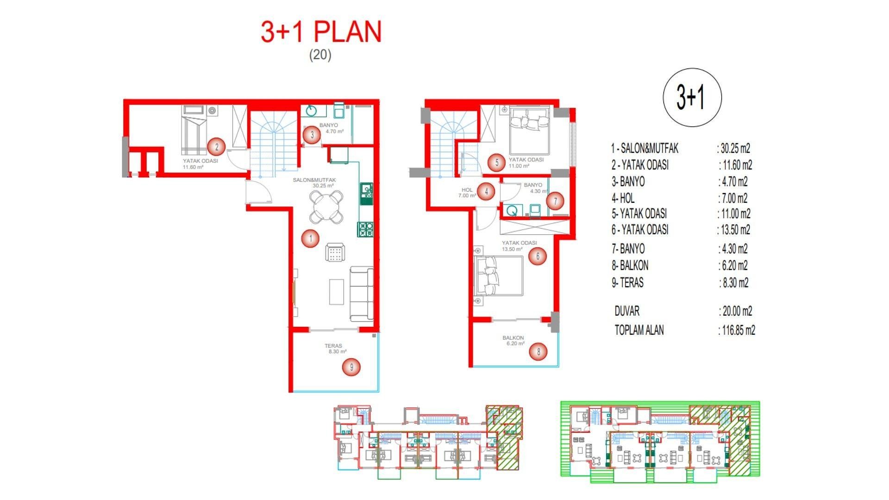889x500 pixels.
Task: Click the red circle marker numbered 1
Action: pyautogui.click(x=310, y=238)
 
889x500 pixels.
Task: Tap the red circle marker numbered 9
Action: pyautogui.click(x=351, y=367)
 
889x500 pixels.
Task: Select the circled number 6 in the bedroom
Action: pyautogui.click(x=538, y=256)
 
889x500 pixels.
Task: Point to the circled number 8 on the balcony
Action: pyautogui.click(x=538, y=351)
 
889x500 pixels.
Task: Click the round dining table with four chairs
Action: pyautogui.click(x=326, y=206)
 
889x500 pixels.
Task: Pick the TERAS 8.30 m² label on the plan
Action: pyautogui.click(x=334, y=349)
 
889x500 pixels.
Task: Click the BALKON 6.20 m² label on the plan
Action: pyautogui.click(x=513, y=341)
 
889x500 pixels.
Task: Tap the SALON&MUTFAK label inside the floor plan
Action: pyautogui.click(x=314, y=180)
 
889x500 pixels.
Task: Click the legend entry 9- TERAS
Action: pyautogui.click(x=627, y=282)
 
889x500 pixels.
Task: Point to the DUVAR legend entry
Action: pyautogui.click(x=627, y=311)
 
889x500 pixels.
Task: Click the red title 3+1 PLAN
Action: pyautogui.click(x=321, y=32)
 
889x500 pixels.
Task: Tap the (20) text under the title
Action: pyautogui.click(x=320, y=55)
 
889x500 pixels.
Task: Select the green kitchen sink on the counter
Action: pyautogui.click(x=366, y=194)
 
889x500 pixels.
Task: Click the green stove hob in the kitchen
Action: pyautogui.click(x=365, y=230)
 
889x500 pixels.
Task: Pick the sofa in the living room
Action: pyautogui.click(x=362, y=294)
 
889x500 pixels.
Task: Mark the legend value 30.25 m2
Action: pyautogui.click(x=735, y=148)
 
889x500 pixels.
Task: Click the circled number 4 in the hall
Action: pyautogui.click(x=486, y=191)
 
